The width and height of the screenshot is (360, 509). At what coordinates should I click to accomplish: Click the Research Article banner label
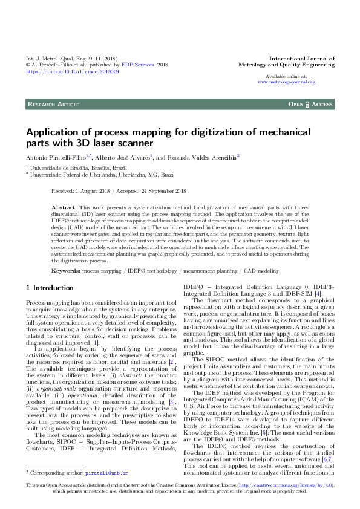53,105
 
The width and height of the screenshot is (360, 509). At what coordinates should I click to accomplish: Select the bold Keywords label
66,271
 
